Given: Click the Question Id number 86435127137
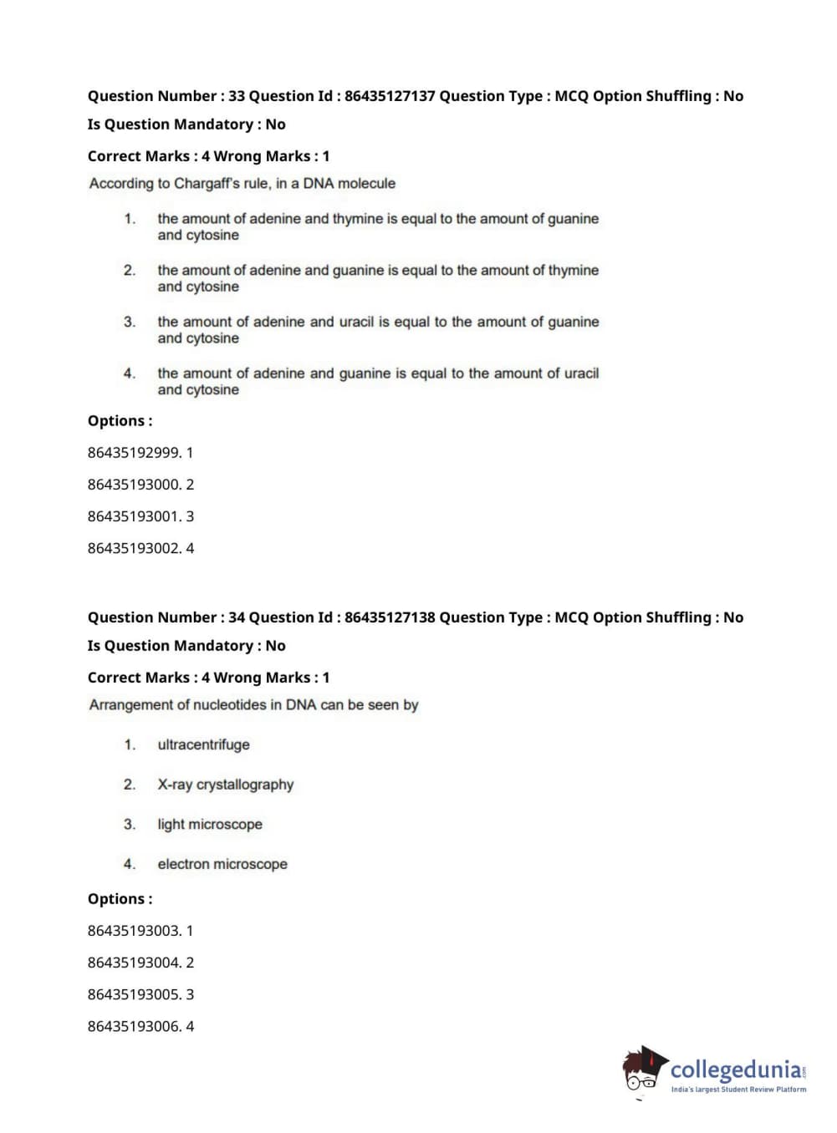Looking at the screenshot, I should [390, 96].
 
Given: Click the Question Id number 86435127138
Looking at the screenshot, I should [390, 617].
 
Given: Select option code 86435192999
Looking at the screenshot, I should [134, 453].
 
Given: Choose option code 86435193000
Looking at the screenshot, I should [134, 485].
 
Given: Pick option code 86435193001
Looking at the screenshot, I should [134, 516].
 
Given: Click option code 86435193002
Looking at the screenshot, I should [134, 548].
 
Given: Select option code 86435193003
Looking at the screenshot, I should [134, 931].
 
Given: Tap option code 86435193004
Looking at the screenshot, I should [134, 963].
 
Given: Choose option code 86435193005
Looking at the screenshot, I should [134, 994].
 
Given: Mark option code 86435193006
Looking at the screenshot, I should [134, 1026].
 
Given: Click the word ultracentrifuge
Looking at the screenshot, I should [203, 744].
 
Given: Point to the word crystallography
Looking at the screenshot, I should [245, 785].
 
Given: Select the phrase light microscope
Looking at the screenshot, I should [210, 825].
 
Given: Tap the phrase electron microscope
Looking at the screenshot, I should [222, 864].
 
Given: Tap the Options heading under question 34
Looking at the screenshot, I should [120, 899].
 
